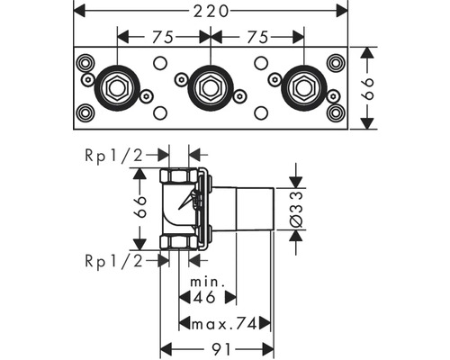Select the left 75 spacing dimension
pos(163,38)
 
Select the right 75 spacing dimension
pos(256,38)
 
